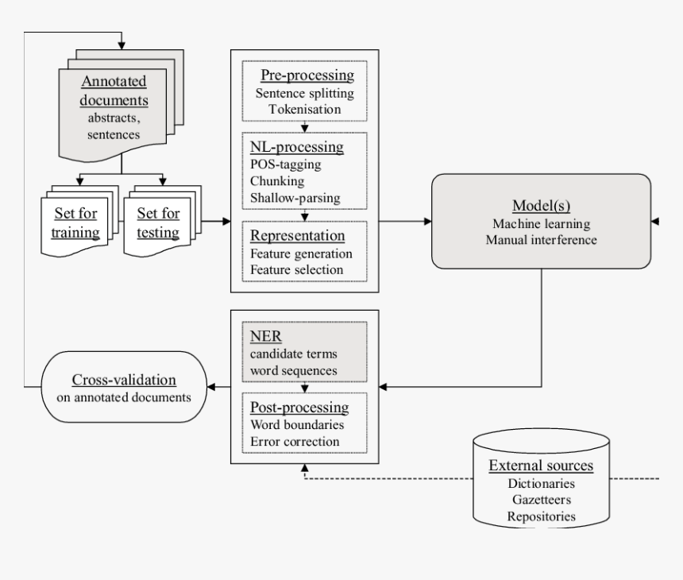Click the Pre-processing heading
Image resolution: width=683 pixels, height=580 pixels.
click(x=307, y=75)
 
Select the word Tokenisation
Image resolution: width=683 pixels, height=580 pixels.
click(x=305, y=109)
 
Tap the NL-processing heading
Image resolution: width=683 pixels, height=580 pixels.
click(x=296, y=148)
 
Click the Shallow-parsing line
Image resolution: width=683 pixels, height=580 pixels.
click(x=295, y=197)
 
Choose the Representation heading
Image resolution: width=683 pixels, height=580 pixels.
click(x=297, y=236)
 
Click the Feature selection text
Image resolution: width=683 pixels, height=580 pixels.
click(x=297, y=269)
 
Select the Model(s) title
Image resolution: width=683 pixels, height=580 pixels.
click(x=541, y=207)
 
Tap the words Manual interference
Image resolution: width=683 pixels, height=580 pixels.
click(x=540, y=240)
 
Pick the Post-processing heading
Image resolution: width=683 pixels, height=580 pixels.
click(x=299, y=408)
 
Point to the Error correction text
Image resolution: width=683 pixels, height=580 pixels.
click(x=295, y=441)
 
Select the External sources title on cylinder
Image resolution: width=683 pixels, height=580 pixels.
click(x=541, y=466)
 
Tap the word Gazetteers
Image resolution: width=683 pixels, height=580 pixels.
click(x=541, y=500)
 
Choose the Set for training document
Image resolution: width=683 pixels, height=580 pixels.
click(x=76, y=222)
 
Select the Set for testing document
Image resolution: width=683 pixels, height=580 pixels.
click(x=158, y=222)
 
